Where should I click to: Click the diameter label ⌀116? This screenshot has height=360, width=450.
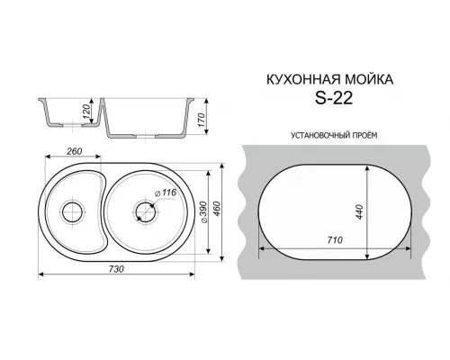pyautogui.click(x=165, y=194)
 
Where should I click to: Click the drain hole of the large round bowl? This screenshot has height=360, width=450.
pyautogui.click(x=144, y=212)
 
